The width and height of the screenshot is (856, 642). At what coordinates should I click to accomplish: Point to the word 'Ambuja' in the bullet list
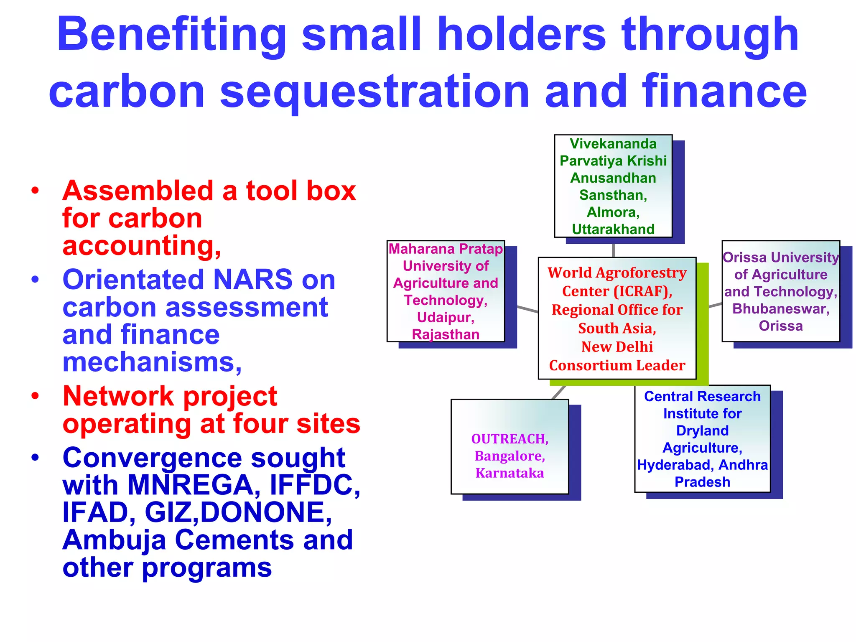pyautogui.click(x=114, y=540)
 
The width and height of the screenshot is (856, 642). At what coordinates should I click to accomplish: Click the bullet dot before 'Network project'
pyautogui.click(x=35, y=395)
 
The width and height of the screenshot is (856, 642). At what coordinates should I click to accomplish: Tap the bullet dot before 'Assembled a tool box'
pyautogui.click(x=35, y=191)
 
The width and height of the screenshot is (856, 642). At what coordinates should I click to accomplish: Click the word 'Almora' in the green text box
pyautogui.click(x=612, y=212)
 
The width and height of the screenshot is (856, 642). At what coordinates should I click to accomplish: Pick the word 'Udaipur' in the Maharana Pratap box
pyautogui.click(x=445, y=317)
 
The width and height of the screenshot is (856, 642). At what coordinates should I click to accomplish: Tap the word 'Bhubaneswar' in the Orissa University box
pyautogui.click(x=780, y=309)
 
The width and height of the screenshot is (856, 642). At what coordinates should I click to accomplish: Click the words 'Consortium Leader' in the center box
pyautogui.click(x=617, y=365)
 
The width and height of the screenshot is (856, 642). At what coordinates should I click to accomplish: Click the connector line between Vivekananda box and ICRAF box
pyautogui.click(x=613, y=250)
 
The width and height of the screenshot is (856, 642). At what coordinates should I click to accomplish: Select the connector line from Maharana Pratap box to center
pyautogui.click(x=527, y=309)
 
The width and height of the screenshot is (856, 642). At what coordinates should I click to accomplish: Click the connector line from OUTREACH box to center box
pyautogui.click(x=559, y=392)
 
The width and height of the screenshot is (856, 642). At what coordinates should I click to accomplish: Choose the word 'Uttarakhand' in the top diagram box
pyautogui.click(x=613, y=229)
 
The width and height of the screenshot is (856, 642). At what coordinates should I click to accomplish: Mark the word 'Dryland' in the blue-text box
pyautogui.click(x=702, y=431)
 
